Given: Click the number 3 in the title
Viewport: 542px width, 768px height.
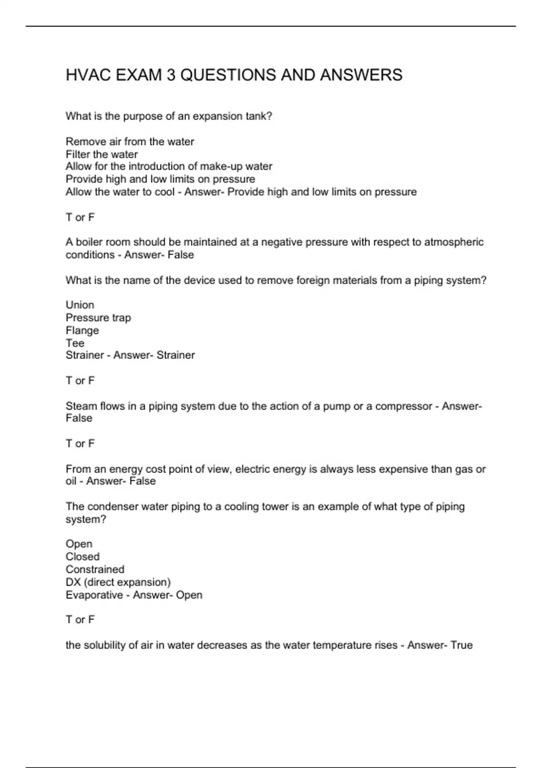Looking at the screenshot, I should pyautogui.click(x=171, y=75).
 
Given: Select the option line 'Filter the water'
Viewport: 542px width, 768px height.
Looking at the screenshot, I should pyautogui.click(x=102, y=154).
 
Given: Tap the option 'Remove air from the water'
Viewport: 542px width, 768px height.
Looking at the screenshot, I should pyautogui.click(x=130, y=141).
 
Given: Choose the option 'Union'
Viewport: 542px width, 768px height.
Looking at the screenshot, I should pyautogui.click(x=80, y=305).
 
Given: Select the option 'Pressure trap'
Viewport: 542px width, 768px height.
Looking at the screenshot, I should pyautogui.click(x=98, y=318).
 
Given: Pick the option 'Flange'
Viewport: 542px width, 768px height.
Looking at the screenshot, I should pyautogui.click(x=82, y=330).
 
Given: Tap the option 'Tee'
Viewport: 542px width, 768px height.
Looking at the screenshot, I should pyautogui.click(x=75, y=343).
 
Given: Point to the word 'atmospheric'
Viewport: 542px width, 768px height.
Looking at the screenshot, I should pyautogui.click(x=453, y=242).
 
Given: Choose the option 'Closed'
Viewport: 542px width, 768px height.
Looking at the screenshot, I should pyautogui.click(x=83, y=557).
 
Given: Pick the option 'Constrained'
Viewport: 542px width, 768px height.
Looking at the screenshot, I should pyautogui.click(x=95, y=569).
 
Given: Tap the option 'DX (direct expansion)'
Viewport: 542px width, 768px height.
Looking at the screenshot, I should pyautogui.click(x=118, y=582).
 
